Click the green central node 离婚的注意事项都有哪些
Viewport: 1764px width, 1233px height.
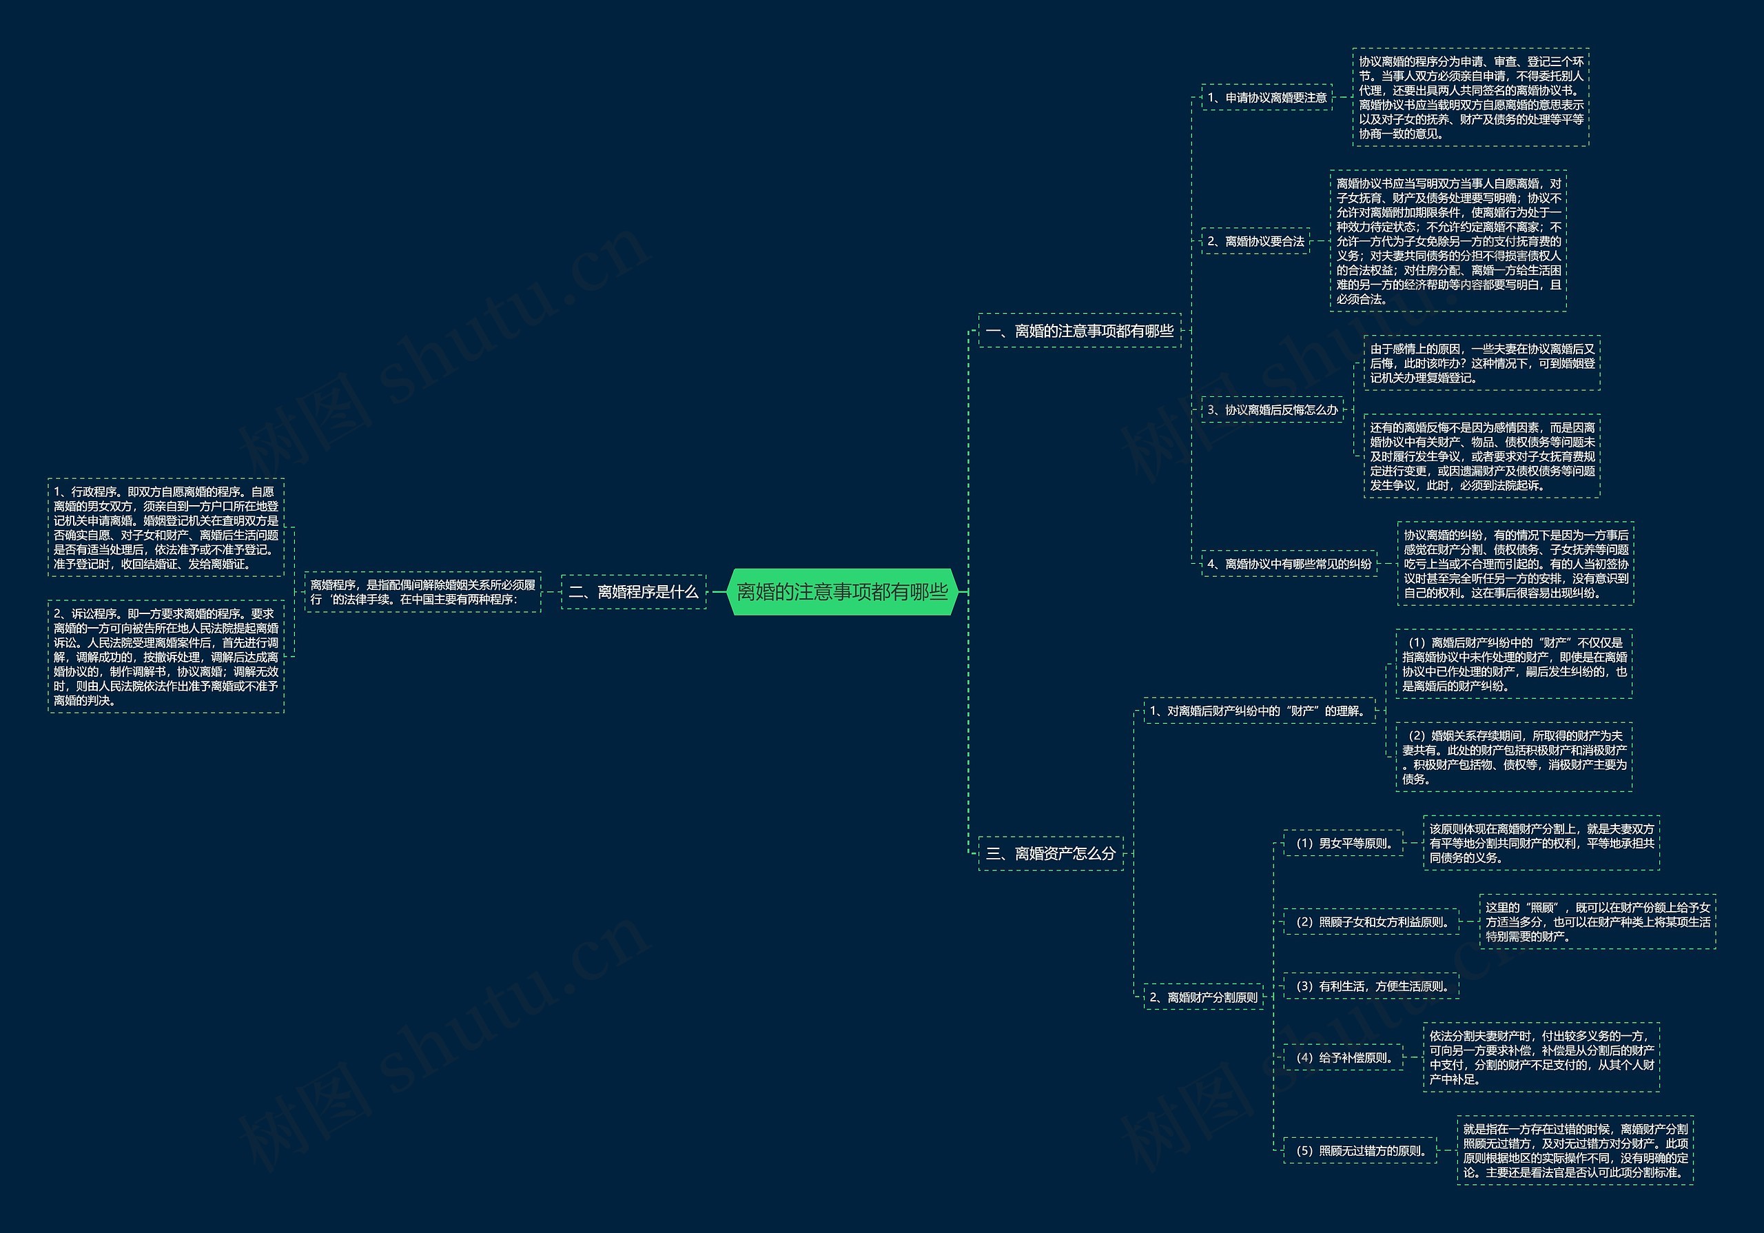(x=842, y=591)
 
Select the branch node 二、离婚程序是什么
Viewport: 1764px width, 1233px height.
(x=633, y=591)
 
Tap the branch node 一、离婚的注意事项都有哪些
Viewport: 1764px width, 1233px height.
(x=1080, y=330)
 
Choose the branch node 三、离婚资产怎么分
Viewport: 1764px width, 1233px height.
(x=1050, y=853)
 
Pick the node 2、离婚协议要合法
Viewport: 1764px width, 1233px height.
(x=1255, y=241)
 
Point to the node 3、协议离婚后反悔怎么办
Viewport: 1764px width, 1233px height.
(x=1272, y=409)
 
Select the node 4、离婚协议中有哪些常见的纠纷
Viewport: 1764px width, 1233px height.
(x=1289, y=564)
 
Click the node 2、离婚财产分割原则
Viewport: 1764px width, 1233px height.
(x=1203, y=997)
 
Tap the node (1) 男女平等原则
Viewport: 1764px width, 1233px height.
(x=1343, y=843)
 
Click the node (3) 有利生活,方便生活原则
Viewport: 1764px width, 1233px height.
(x=1371, y=986)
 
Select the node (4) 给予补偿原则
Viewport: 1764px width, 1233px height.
(x=1343, y=1057)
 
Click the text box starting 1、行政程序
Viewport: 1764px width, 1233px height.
(x=166, y=528)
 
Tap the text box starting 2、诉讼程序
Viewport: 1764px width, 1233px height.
(x=166, y=657)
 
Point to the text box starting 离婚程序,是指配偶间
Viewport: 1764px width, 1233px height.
(x=422, y=591)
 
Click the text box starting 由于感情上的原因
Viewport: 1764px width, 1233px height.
(x=1482, y=363)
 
